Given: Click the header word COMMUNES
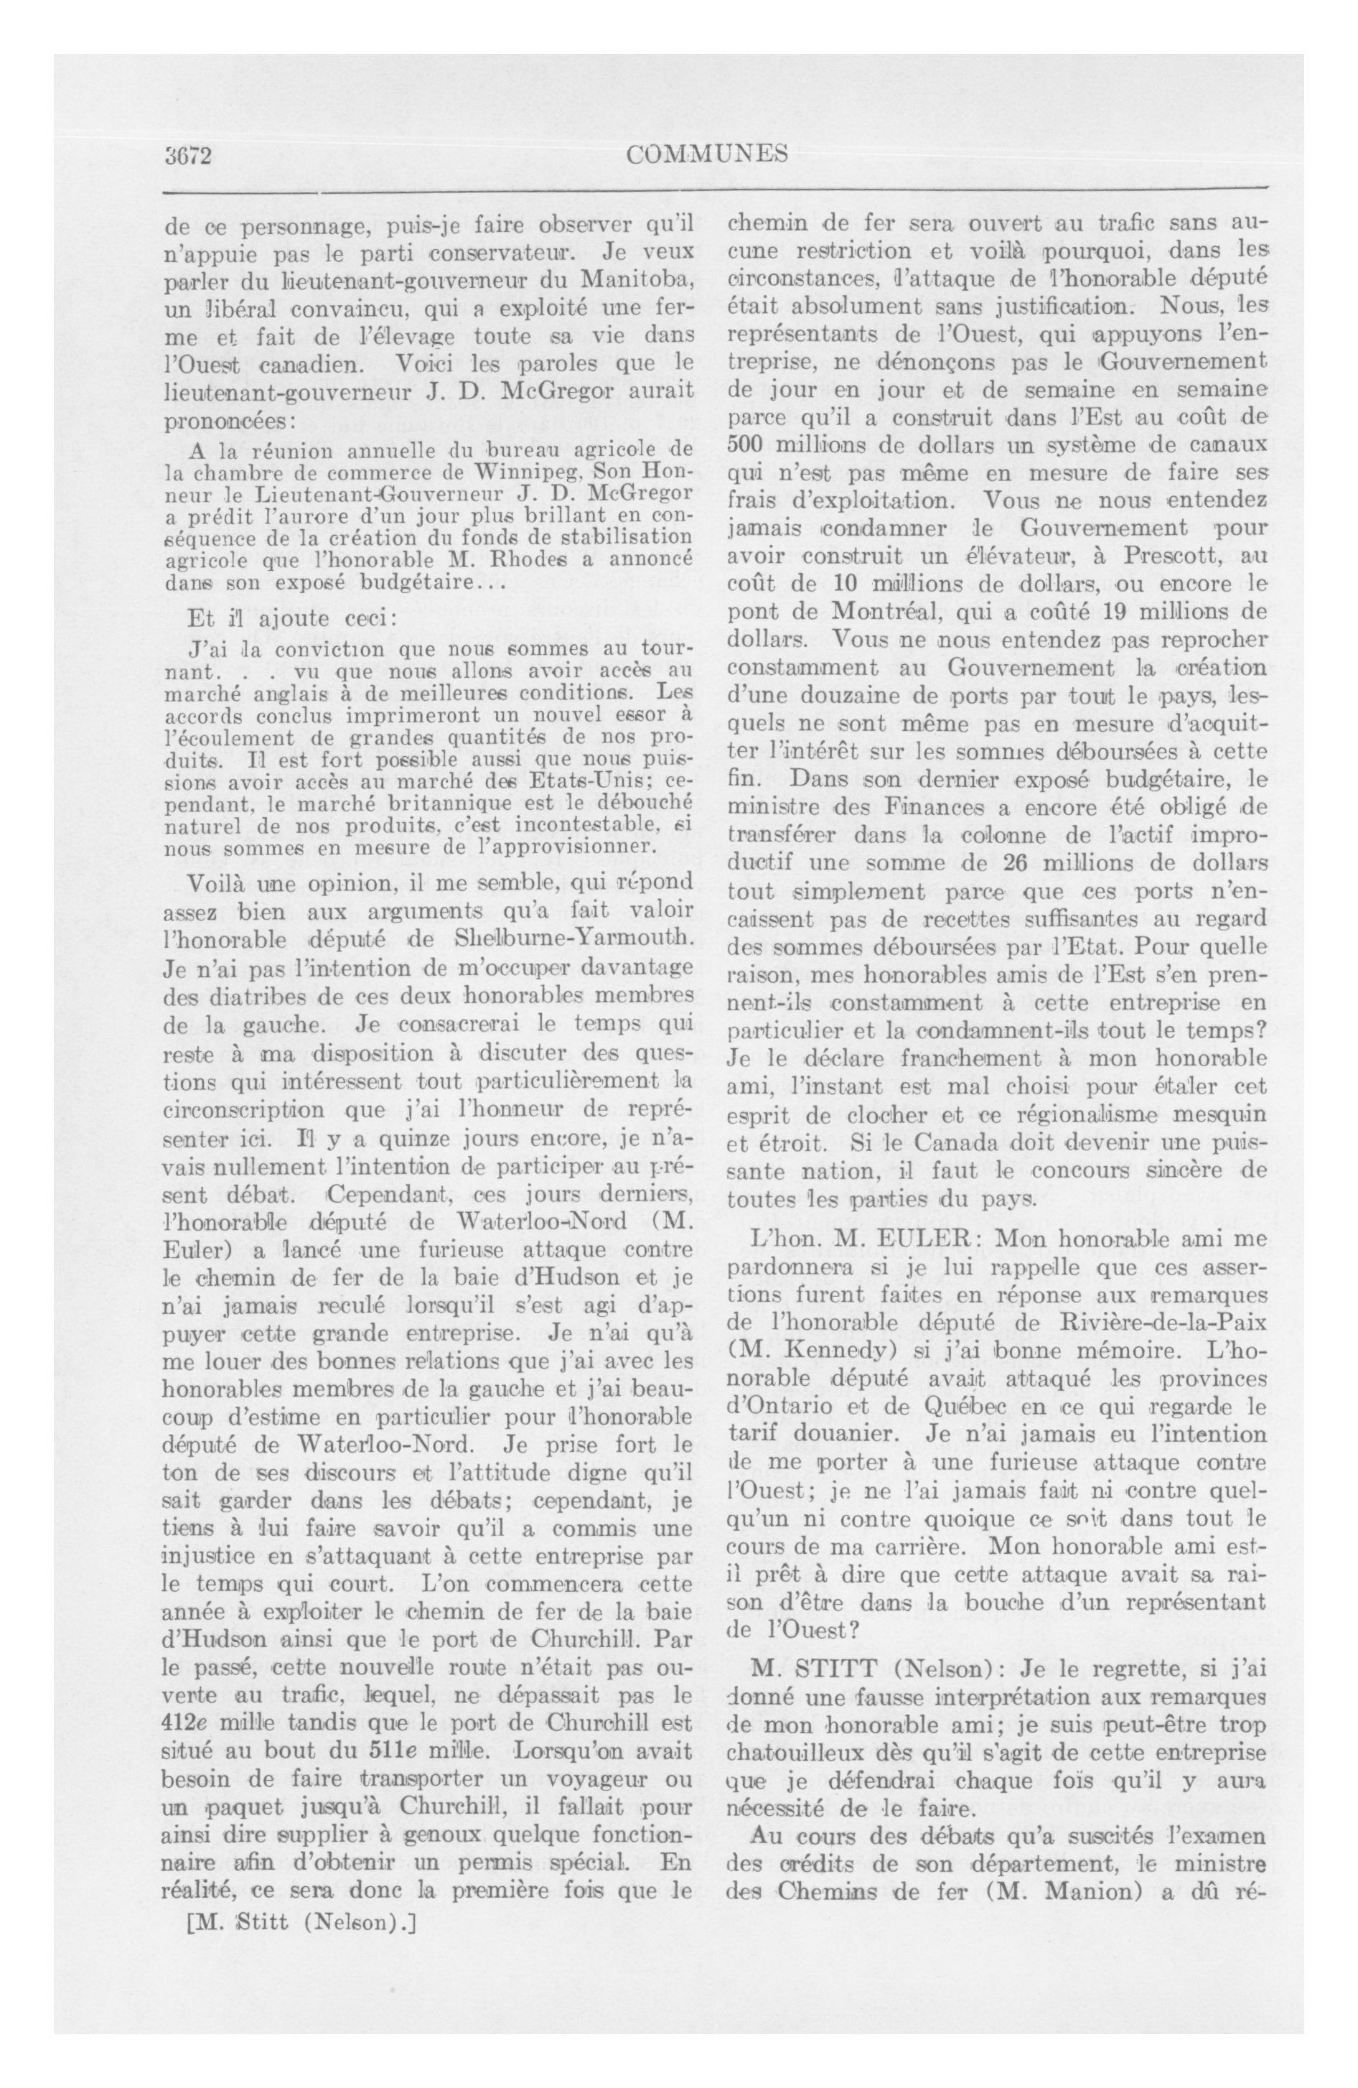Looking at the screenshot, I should click(x=707, y=154).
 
